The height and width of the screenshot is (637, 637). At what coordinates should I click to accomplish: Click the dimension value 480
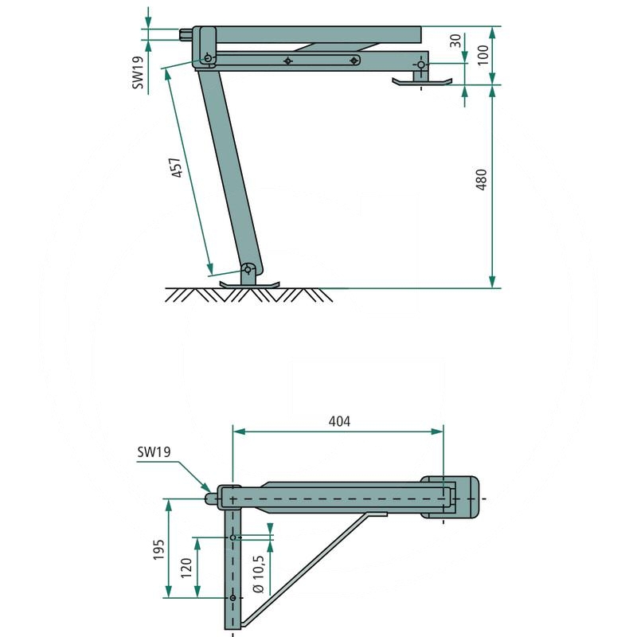(479, 186)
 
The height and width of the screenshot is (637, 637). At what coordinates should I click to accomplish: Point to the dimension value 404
(339, 420)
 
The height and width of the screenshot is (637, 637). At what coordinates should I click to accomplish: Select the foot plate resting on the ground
(249, 283)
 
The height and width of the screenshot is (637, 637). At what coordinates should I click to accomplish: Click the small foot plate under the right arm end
(421, 80)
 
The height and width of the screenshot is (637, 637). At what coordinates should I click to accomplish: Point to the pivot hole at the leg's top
(208, 59)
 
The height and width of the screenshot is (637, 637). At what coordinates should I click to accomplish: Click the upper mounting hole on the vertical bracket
(233, 537)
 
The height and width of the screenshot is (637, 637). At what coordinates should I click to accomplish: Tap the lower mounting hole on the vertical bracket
(233, 597)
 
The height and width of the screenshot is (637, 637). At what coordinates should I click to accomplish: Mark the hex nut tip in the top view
(212, 498)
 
